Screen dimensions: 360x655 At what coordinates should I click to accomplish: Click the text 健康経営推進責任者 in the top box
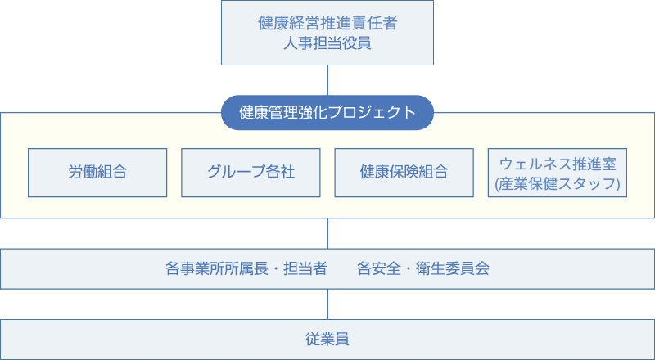point(327,23)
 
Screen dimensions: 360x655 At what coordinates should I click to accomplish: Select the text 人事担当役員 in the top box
point(327,43)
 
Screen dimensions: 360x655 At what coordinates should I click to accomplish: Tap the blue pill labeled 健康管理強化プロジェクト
point(327,113)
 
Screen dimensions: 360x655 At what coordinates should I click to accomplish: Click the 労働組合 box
point(97,173)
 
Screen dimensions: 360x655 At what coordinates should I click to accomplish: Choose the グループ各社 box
point(251,173)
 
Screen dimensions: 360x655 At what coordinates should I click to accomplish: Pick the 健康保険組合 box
point(404,173)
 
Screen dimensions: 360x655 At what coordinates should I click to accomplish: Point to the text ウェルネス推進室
point(558,163)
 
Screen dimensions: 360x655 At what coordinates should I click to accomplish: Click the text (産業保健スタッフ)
point(558,183)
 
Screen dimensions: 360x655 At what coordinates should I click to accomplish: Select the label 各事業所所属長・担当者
point(246,268)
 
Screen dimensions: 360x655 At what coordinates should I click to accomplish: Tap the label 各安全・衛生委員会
point(423,268)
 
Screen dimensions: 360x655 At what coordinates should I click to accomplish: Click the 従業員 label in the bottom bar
point(327,339)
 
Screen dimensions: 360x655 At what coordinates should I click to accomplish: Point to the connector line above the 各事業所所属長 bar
point(327,233)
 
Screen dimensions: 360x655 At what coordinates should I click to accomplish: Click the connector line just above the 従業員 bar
point(327,304)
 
